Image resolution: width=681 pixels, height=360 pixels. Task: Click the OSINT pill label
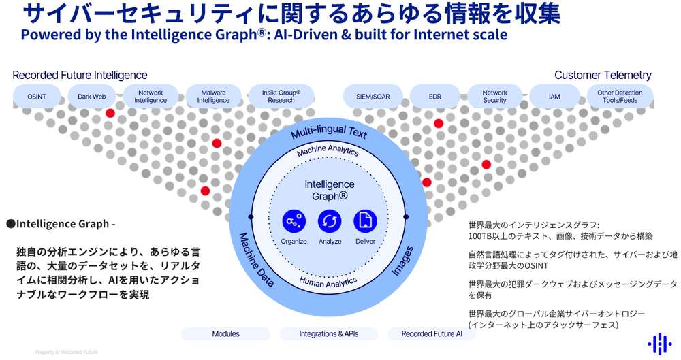click(x=37, y=97)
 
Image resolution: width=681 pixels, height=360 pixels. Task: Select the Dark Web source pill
click(x=92, y=97)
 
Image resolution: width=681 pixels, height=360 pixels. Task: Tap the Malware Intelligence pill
click(x=213, y=97)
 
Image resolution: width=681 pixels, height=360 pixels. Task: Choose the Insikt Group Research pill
click(x=281, y=97)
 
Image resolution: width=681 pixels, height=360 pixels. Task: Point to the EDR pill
click(x=434, y=97)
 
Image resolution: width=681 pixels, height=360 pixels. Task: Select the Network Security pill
click(x=494, y=97)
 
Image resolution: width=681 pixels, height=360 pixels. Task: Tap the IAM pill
click(x=554, y=97)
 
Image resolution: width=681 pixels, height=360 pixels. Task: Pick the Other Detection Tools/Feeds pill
click(x=619, y=97)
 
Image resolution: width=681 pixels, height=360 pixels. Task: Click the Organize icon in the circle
click(x=294, y=221)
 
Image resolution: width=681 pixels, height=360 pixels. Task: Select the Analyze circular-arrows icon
click(x=330, y=221)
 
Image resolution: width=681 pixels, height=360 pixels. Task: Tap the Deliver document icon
click(x=365, y=221)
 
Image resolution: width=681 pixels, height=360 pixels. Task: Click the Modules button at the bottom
click(x=225, y=334)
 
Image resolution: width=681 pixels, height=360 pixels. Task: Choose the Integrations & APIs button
click(x=329, y=334)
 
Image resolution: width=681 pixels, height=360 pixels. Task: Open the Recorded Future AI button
click(x=432, y=334)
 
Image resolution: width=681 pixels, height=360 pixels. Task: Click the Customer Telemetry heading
click(x=603, y=76)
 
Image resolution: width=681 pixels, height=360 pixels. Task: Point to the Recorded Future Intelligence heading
click(x=80, y=76)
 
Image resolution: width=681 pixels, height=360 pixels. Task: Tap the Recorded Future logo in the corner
click(x=659, y=344)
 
